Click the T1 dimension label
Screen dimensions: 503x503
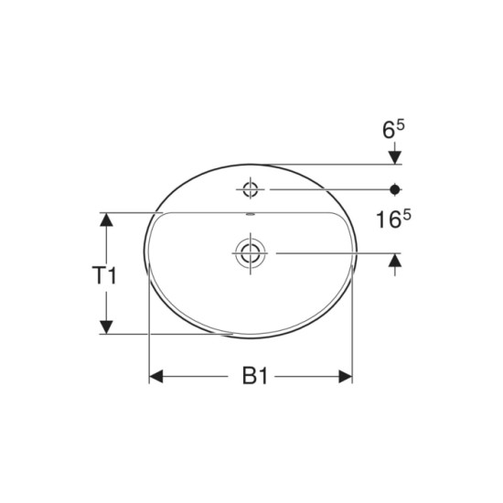click(104, 275)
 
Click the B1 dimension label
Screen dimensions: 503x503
click(255, 376)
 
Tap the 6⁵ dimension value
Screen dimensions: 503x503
click(393, 129)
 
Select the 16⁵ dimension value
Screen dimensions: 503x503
click(393, 219)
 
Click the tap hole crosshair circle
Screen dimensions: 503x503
click(251, 189)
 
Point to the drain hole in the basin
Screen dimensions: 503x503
click(250, 253)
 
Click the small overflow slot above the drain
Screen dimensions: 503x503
click(250, 214)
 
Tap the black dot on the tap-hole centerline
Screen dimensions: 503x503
click(395, 189)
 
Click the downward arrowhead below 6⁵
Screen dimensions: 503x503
click(395, 157)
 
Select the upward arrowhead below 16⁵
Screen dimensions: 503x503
click(395, 260)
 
